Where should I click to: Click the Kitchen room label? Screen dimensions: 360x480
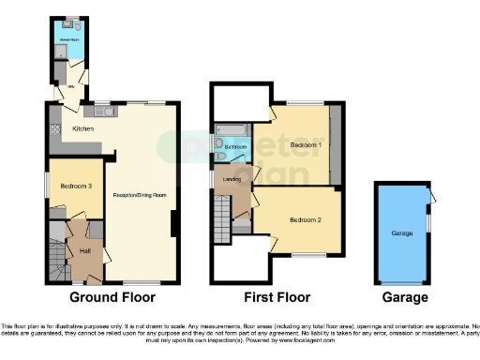[x=83, y=128]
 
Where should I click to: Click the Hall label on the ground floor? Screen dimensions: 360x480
[x=85, y=250]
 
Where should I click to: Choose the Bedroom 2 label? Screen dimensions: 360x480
[x=305, y=219]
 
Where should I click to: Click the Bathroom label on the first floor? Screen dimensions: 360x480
[x=235, y=146]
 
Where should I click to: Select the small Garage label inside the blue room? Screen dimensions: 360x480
[x=403, y=231]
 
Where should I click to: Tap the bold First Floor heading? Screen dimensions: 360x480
[x=276, y=297]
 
